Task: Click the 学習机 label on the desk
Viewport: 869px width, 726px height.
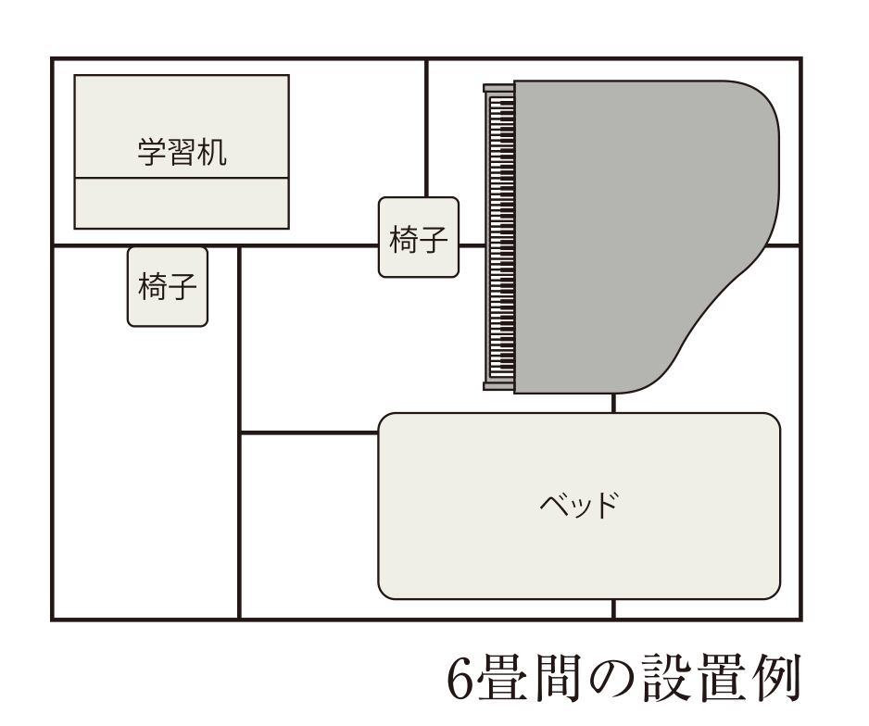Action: tap(182, 152)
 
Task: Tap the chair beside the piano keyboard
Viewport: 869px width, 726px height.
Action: tap(419, 237)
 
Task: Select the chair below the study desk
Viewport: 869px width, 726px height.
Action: tap(168, 287)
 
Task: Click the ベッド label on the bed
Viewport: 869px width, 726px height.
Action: tap(579, 505)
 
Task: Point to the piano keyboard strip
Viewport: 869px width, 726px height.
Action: tap(501, 237)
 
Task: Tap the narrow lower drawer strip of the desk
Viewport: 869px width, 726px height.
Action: tap(182, 203)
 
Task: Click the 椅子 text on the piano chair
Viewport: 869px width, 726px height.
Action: tap(419, 239)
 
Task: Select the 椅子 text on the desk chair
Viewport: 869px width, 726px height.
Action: tap(168, 286)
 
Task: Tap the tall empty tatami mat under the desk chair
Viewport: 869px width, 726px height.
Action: tap(145, 470)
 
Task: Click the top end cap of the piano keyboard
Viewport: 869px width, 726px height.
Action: tap(498, 88)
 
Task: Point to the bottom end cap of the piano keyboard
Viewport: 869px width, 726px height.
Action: tap(498, 386)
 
